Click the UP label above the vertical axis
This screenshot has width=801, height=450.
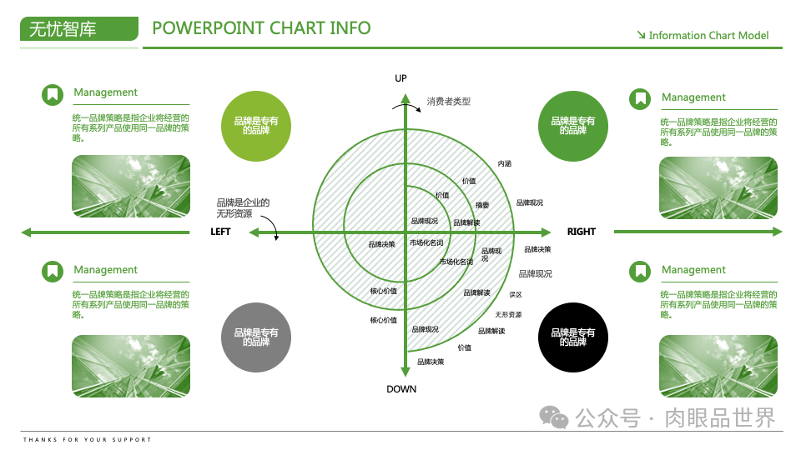pos(400,78)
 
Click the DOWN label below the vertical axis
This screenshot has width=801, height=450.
pos(401,389)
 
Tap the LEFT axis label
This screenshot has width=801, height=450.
pos(220,232)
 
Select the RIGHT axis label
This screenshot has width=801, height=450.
pos(582,232)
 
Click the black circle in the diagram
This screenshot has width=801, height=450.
pos(573,337)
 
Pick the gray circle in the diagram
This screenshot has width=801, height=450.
pos(256,337)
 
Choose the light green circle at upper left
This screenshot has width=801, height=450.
pos(256,125)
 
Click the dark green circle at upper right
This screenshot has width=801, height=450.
pos(573,125)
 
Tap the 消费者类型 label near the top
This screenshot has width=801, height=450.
pos(449,102)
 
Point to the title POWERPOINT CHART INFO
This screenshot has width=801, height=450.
pos(261,28)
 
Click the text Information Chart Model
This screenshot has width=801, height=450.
pos(708,36)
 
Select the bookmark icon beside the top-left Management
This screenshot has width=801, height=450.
pos(53,95)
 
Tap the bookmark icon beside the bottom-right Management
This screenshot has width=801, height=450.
pos(640,272)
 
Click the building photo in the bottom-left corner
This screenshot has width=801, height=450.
pos(131,366)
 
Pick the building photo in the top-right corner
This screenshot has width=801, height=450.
pos(718,187)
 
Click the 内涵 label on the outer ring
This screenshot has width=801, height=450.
pos(505,163)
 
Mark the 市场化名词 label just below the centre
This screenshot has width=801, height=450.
pos(426,242)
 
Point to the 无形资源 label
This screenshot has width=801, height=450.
pos(508,314)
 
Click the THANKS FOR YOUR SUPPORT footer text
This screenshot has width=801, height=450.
pos(88,439)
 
